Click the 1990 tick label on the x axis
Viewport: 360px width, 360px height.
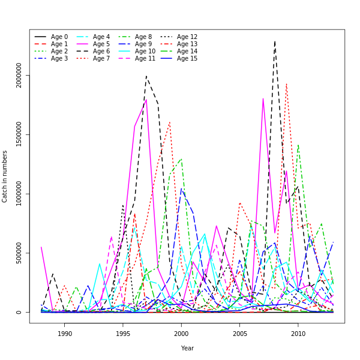(x=65, y=334)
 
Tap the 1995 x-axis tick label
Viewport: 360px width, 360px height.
(x=123, y=334)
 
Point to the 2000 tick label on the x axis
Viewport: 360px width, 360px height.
(x=181, y=334)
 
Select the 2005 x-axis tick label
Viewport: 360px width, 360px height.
(x=240, y=334)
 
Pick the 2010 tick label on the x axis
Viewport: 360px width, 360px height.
(x=298, y=334)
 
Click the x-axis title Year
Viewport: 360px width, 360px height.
(x=187, y=348)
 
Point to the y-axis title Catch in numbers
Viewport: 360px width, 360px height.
(x=5, y=176)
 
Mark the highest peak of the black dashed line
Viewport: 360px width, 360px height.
(x=275, y=41)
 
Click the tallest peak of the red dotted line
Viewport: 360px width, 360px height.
(x=286, y=83)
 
